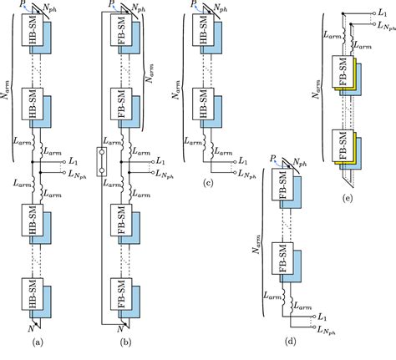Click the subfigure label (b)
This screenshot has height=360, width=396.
point(126,343)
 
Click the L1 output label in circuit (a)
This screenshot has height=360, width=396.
point(75,159)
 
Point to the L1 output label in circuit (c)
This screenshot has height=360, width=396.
point(242,160)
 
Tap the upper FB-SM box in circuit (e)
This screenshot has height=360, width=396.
point(343,74)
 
